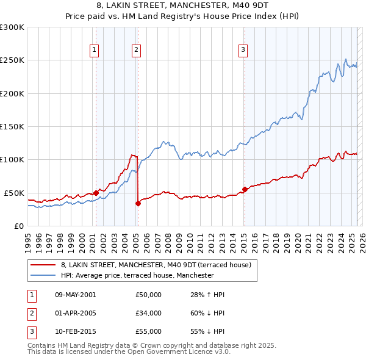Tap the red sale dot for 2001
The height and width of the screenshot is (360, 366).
coord(96,193)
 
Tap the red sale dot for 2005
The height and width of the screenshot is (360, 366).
coord(138,204)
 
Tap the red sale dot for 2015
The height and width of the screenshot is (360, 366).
coord(245,189)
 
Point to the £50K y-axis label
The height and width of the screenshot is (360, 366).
coord(14,193)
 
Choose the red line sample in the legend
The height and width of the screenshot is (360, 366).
coord(43,265)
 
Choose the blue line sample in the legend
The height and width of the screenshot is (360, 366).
coord(43,275)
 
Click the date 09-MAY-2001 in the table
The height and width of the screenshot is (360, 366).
coord(75,295)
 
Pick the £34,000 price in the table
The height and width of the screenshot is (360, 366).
coord(148,313)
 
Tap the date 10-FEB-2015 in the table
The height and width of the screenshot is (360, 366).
coord(75,331)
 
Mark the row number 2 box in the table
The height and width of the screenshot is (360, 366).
coord(31,313)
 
